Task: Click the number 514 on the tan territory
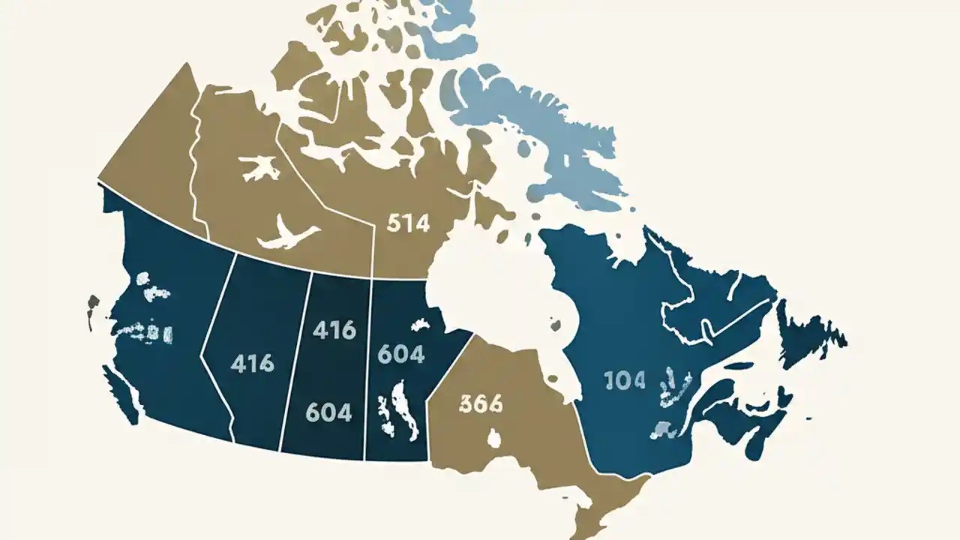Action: click(x=409, y=223)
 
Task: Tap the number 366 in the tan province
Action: click(x=480, y=404)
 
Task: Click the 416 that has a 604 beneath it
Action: click(x=334, y=330)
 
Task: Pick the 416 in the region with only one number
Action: click(x=252, y=364)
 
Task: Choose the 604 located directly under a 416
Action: click(x=329, y=412)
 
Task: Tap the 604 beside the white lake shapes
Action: click(x=401, y=354)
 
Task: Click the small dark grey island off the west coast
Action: click(x=93, y=303)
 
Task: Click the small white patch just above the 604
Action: click(x=419, y=324)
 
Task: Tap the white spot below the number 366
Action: click(x=494, y=437)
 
